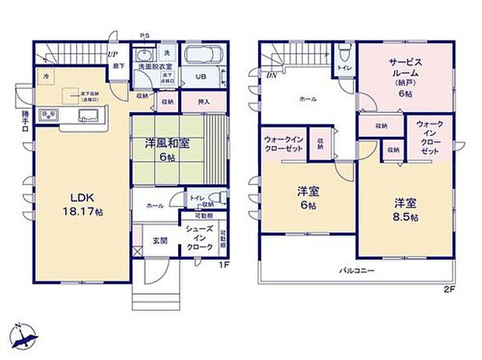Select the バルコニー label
357,271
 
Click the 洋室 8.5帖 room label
404,211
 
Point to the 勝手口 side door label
24,120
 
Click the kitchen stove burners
47,117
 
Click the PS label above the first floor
144,35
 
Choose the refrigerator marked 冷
46,76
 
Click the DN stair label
271,76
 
